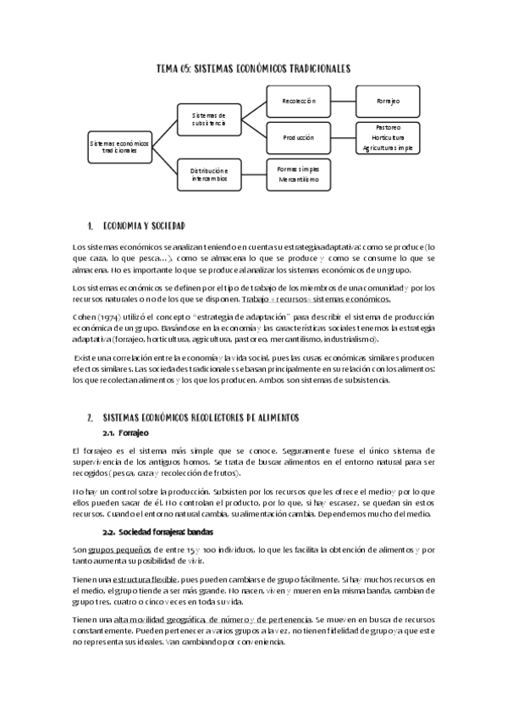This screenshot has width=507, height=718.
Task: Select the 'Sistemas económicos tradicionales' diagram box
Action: pos(118,146)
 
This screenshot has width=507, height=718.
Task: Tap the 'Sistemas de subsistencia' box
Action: pos(208,119)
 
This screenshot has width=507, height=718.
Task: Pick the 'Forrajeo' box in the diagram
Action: pos(388,101)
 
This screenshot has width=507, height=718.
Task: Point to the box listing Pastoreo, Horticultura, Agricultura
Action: pos(388,136)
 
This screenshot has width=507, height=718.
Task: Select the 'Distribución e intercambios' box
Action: pos(208,174)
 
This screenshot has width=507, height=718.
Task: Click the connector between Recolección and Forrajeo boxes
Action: pos(342,101)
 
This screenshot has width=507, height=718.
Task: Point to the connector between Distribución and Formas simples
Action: pos(253,174)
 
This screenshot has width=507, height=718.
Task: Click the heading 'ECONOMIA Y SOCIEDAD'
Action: pos(143,226)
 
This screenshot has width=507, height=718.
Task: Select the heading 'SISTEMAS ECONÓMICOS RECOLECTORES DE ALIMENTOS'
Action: pos(201,418)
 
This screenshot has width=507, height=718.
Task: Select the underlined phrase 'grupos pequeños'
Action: pos(115,550)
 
